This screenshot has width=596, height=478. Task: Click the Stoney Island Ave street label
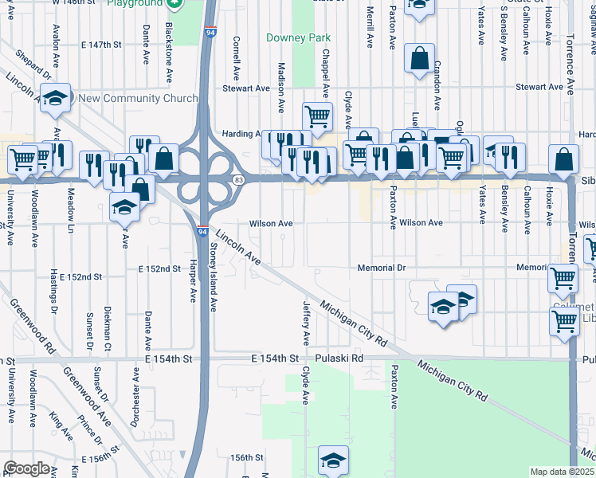point(213,278)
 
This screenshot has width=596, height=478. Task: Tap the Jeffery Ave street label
point(305,318)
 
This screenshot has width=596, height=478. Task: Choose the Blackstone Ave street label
point(169,52)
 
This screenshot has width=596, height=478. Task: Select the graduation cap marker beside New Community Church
point(55,98)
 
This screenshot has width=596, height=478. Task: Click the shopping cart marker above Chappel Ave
point(317,116)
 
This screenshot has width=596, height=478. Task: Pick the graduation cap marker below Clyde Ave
point(333,460)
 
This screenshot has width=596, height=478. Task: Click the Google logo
point(25,468)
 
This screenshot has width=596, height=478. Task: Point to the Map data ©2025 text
point(562,472)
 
